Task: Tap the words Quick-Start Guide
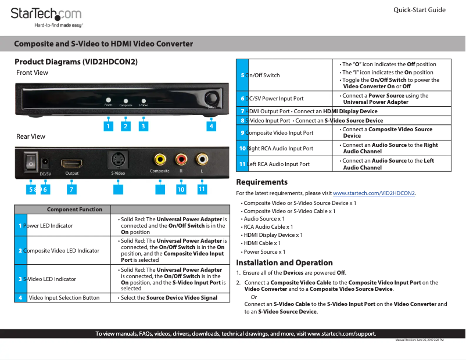[419, 10]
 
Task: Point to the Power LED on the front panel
[108, 100]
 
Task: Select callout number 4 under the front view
[212, 125]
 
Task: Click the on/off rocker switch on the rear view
[30, 161]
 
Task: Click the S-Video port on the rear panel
[118, 160]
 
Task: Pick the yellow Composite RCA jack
[159, 159]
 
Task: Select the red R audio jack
[181, 159]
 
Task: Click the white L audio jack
[202, 158]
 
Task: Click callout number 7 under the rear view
[71, 189]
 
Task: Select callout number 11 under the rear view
[202, 189]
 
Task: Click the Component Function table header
[74, 209]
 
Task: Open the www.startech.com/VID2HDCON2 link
[374, 193]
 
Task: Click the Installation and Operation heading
[284, 262]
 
